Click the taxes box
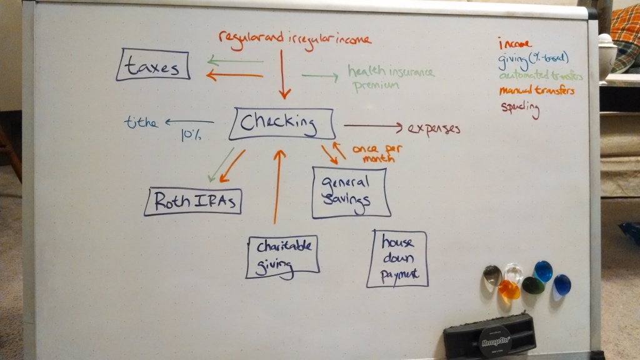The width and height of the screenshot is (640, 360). pos(153,65)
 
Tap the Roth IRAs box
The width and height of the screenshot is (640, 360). pos(192,202)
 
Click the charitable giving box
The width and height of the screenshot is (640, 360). pos(283,256)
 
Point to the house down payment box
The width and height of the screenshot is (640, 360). pos(397,259)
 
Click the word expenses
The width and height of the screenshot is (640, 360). pos(434,129)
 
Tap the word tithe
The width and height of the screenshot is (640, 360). pos(141,122)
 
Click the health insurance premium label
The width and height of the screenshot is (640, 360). pos(391,78)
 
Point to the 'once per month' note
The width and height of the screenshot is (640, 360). pos(377,153)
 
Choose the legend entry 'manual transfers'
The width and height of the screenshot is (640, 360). pos(536,91)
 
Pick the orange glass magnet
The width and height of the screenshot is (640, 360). pos(509,289)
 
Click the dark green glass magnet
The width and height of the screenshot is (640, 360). pos(533,285)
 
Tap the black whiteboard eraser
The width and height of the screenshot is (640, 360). pos(490,336)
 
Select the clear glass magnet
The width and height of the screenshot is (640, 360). pos(514,273)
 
